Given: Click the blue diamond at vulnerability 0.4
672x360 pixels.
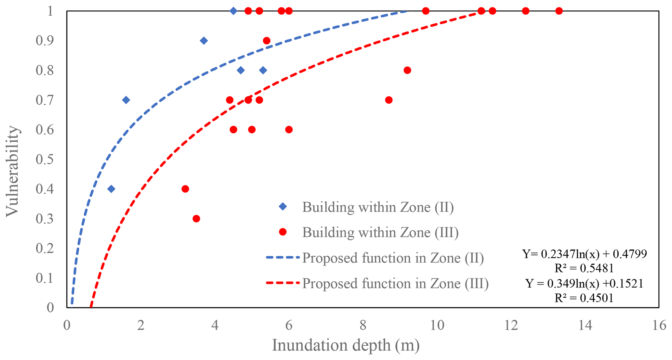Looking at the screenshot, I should coord(111,189).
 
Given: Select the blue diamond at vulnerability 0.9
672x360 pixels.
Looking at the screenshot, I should coord(204,41).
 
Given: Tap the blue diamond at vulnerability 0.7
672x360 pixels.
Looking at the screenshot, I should coord(126,100).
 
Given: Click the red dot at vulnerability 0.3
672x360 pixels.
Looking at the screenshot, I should coord(196,219).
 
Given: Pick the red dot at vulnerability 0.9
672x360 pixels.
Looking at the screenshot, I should coord(267,41).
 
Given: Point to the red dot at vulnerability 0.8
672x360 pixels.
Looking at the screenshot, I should coord(407,70).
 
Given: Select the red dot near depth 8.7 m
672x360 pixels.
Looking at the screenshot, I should coord(389,100).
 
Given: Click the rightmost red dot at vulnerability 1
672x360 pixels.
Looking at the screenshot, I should coord(559,11).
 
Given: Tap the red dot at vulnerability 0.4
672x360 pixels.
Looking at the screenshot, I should coord(185,189).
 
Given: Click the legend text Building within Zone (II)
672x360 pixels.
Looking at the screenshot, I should coord(378,207).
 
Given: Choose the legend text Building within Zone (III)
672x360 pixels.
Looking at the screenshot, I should coord(380,232).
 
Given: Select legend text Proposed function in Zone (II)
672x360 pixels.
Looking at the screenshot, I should coord(393,258).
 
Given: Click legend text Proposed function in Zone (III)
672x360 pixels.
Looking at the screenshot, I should coord(395,283).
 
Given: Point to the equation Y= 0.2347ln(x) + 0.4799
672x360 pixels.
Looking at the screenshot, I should coord(585,254).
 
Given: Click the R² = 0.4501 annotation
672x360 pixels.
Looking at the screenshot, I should coord(584,298).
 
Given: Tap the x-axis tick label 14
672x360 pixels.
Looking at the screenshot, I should coord(585,325).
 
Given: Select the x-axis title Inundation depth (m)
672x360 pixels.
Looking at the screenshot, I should coord(346,345).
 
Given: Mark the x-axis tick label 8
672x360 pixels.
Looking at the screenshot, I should coord(363,325).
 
